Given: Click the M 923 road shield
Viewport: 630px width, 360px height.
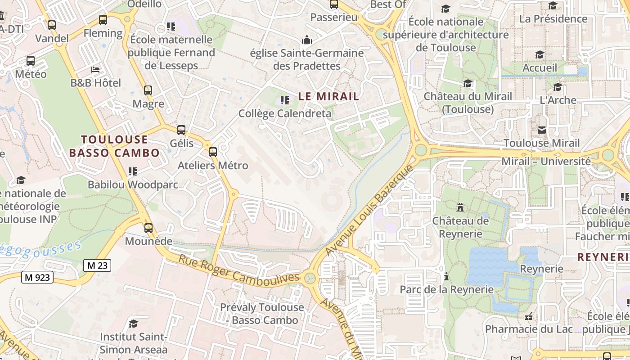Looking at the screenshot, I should [37, 277].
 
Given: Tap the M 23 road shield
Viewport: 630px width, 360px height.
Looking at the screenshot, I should [97, 265].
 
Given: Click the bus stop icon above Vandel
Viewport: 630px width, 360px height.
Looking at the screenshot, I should [52, 25].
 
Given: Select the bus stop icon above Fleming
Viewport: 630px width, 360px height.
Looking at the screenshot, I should [103, 20].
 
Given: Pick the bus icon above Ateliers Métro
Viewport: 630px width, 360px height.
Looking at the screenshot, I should [213, 152].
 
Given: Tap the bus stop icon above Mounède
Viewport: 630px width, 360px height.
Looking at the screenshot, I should [148, 228].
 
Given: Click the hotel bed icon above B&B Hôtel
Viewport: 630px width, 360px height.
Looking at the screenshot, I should [95, 70].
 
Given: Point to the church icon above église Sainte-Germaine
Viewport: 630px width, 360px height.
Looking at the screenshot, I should [307, 40].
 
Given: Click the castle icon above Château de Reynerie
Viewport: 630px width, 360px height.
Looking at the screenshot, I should [460, 207].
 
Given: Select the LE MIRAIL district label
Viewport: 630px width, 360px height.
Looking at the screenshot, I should [329, 96].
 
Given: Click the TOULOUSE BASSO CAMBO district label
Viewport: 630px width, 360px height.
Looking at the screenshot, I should [114, 146].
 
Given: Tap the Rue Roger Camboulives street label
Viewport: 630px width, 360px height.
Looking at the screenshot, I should [238, 269].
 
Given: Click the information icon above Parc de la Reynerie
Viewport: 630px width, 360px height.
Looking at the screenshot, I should [446, 276].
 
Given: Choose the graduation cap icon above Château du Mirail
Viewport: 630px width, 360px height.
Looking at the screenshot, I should [468, 83].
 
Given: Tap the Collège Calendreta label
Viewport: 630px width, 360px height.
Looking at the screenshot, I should [285, 113].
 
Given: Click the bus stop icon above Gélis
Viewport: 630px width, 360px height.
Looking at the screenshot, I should [181, 130].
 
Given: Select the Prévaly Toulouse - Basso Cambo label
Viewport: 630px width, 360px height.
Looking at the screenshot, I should [262, 314].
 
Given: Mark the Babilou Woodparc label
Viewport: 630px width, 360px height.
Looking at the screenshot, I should [133, 184].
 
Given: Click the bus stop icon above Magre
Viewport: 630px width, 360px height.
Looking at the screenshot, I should [148, 90].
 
